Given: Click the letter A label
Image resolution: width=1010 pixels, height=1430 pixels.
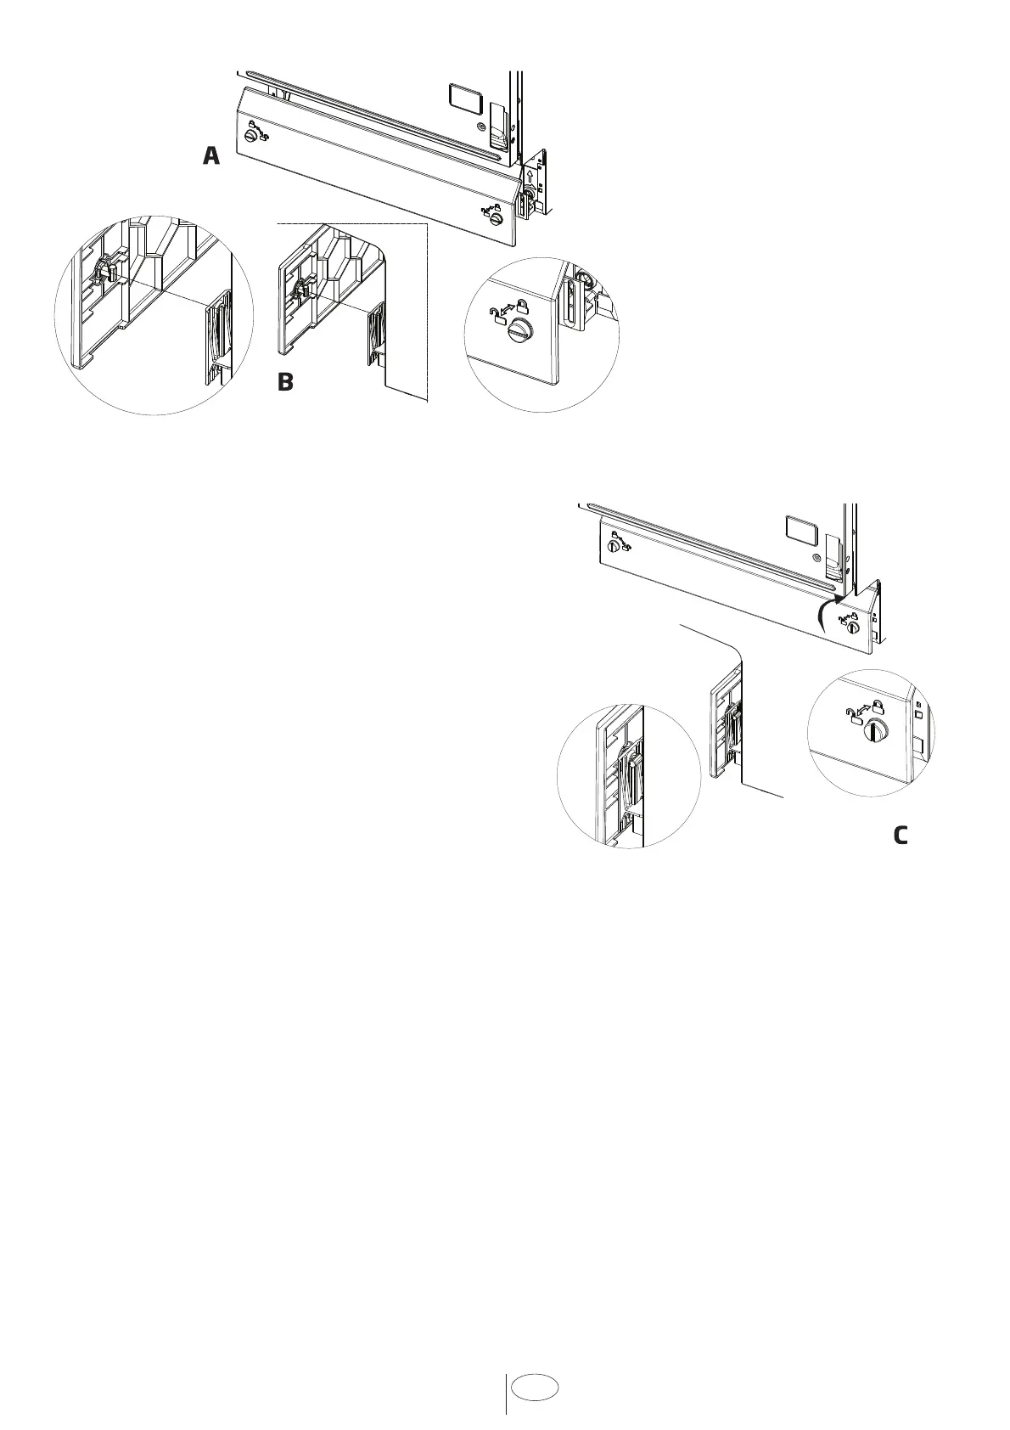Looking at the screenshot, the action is (x=211, y=156).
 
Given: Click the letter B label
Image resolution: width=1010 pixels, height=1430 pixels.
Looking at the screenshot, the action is (x=285, y=382).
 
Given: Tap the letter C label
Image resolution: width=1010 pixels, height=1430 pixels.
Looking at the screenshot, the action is (x=901, y=836).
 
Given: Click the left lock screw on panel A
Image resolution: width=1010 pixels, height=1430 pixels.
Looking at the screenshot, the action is (x=251, y=136).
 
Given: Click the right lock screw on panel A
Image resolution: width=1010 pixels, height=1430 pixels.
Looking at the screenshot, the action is (x=497, y=219).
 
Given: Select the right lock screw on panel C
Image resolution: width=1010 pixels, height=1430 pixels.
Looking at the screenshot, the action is (x=853, y=628).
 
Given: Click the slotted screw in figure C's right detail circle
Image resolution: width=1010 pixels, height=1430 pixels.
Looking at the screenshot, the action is (x=874, y=729).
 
